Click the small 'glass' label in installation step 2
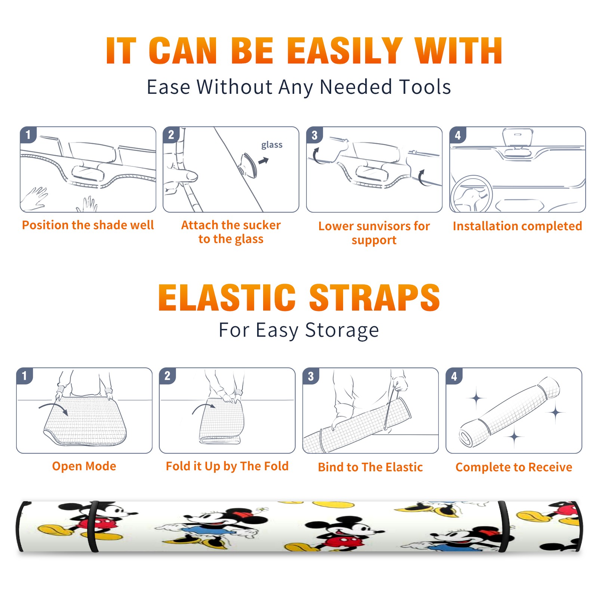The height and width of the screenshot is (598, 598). [272, 145]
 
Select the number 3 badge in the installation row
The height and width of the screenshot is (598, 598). [314, 135]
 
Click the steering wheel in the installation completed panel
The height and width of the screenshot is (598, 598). [471, 194]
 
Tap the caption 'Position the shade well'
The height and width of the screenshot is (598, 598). [88, 225]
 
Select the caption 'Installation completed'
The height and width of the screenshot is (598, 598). [517, 226]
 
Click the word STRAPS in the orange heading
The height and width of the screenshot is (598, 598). [374, 298]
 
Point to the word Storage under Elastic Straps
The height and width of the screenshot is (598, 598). [342, 330]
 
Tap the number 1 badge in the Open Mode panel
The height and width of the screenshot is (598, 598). [25, 376]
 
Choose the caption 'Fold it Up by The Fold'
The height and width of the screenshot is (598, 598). [227, 466]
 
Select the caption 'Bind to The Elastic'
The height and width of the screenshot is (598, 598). [370, 467]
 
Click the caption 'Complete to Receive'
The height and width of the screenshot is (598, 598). [514, 467]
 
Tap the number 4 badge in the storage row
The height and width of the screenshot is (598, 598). [454, 376]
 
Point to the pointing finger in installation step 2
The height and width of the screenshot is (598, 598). [181, 175]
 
